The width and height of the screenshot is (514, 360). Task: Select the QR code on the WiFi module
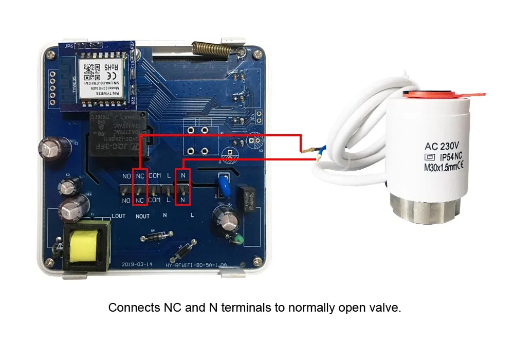(89, 67)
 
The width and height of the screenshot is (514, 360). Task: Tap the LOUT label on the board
(118, 217)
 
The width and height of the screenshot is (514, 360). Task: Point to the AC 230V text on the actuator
(443, 145)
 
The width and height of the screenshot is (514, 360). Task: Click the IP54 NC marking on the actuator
(449, 156)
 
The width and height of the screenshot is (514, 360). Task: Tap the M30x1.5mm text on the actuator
(443, 167)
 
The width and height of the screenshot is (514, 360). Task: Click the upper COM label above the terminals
(155, 176)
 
